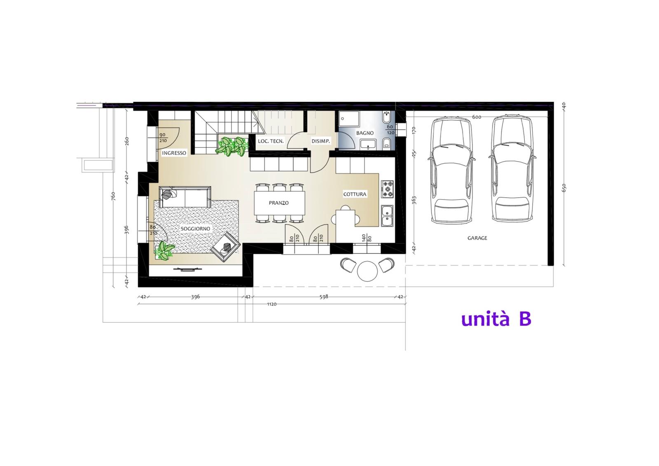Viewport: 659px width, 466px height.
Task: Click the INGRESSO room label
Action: click(174, 153)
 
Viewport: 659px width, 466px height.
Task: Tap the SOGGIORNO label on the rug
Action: click(195, 229)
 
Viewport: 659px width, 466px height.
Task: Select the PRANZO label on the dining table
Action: click(278, 203)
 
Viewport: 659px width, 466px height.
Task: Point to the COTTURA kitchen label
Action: click(355, 194)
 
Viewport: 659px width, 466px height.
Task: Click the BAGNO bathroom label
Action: click(365, 133)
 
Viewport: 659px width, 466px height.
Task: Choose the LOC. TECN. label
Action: click(271, 141)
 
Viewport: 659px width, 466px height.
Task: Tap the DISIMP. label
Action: click(321, 141)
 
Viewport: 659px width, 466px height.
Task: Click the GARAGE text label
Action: click(477, 238)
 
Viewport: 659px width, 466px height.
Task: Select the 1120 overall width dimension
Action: click(272, 304)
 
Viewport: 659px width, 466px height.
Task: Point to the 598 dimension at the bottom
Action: click(324, 297)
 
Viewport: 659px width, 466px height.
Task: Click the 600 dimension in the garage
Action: click(477, 117)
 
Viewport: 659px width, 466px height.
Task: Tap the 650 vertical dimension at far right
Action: click(564, 188)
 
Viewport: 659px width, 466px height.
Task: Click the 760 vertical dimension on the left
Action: click(114, 196)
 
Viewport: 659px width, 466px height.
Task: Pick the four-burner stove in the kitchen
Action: click(387, 189)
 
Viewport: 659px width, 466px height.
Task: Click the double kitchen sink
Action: click(387, 216)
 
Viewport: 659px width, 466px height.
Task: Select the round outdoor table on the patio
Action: click(367, 271)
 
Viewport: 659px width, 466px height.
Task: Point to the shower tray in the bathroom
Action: click(349, 119)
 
